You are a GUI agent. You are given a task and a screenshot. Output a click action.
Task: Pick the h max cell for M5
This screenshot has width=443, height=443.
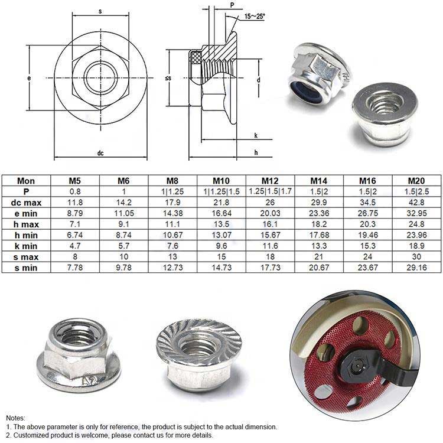pyautogui.click(x=76, y=224)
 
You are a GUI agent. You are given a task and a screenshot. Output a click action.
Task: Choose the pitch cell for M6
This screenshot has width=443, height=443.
pyautogui.click(x=123, y=191)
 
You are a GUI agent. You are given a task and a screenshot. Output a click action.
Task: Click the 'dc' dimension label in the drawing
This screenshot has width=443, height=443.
pyautogui.click(x=100, y=154)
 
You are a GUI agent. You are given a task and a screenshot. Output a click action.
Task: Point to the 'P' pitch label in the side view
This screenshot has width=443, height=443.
pyautogui.click(x=232, y=5)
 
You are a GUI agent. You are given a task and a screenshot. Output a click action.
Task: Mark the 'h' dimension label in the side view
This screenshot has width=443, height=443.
pyautogui.click(x=255, y=153)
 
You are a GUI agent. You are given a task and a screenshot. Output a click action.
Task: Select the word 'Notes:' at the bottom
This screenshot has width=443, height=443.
pyautogui.click(x=16, y=418)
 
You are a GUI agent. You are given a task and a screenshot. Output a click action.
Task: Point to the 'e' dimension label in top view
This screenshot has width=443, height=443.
pyautogui.click(x=29, y=77)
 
